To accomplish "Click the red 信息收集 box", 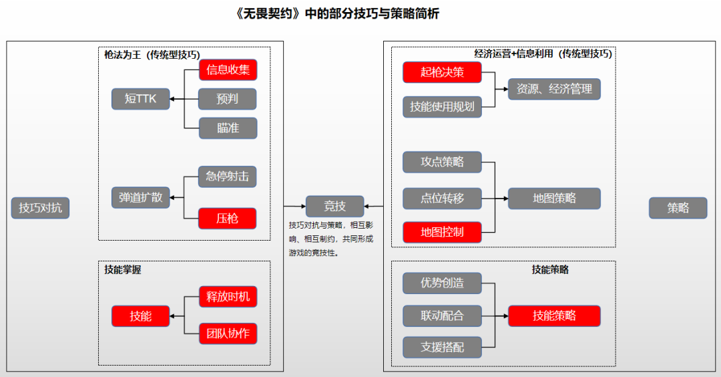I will (x=228, y=70).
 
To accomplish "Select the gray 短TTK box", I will (x=140, y=99).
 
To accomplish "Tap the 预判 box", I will (x=228, y=99).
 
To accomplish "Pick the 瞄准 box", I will (x=228, y=128).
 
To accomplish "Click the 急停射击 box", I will (x=228, y=176).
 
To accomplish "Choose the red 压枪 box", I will (x=228, y=218).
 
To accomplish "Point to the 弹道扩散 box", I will (x=140, y=197).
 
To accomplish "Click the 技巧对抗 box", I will (x=40, y=208).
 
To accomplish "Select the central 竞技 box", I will (x=335, y=207).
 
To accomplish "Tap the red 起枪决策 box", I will (x=442, y=72).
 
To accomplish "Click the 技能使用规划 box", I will (x=442, y=106).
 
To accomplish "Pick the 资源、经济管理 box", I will (x=554, y=89).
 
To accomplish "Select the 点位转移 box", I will (x=442, y=198).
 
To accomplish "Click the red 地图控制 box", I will (x=442, y=232).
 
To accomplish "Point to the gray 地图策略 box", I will (x=554, y=198).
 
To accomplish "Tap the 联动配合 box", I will (x=442, y=315).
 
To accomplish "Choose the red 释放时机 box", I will (x=228, y=296).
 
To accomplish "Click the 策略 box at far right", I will (x=678, y=208).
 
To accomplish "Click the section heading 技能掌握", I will (x=123, y=270).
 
